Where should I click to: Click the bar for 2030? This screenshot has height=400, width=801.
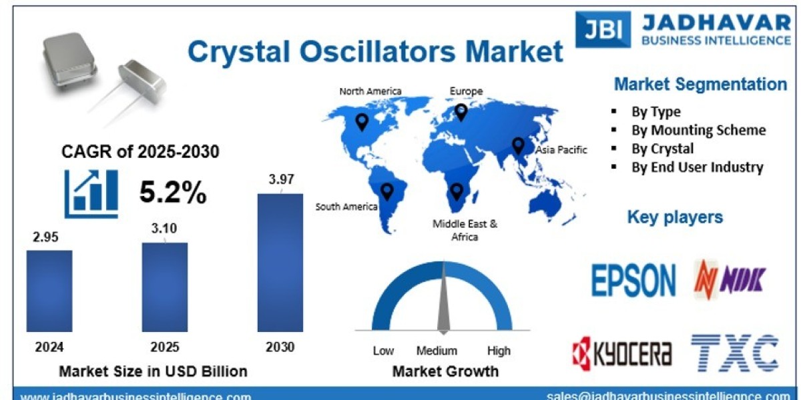coord(280,263)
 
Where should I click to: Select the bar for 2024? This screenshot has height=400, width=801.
coord(49,291)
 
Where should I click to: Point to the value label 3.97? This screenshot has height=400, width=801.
coord(281,179)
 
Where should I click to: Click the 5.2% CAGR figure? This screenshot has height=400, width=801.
coord(173,193)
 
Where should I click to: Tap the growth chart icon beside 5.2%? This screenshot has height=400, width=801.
coord(91,193)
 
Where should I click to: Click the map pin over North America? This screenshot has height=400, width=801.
coord(362,122)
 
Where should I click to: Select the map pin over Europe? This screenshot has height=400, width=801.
coord(461,112)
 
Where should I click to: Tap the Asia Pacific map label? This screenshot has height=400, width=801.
coord(561,150)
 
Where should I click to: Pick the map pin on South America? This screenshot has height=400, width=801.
coord(386,191)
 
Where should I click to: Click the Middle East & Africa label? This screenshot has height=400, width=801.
coord(465,230)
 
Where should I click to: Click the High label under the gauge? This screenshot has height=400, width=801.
coord(498,351)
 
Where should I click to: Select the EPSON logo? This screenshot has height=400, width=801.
coord(633,280)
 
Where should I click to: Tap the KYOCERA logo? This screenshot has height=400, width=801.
coord(622,353)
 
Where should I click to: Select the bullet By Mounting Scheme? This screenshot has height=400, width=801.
coord(698,130)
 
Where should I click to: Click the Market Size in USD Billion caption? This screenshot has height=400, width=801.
coord(153,371)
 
